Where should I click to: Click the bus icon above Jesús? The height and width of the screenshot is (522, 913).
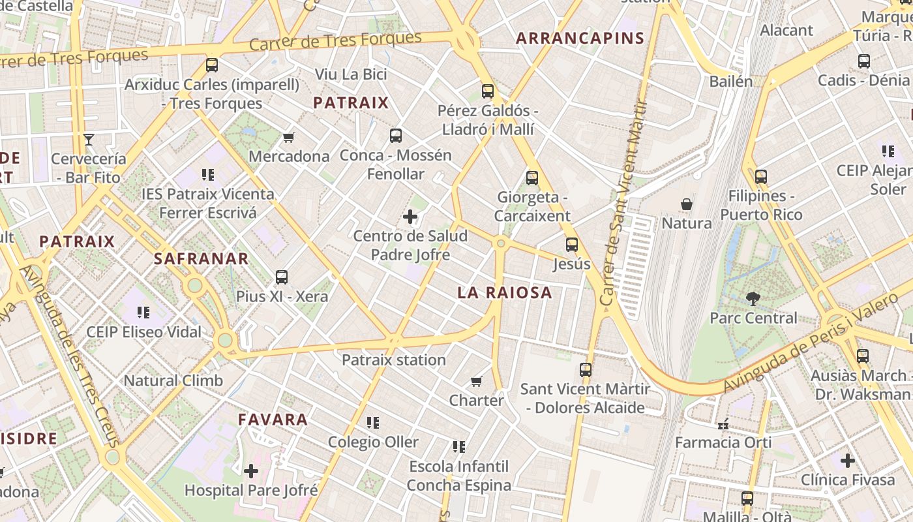click(572, 245)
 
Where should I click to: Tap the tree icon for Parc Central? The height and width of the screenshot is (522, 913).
click(753, 299)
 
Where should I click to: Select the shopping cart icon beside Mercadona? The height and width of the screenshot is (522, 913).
click(289, 137)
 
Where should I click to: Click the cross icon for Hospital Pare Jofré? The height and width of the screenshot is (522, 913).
click(251, 470)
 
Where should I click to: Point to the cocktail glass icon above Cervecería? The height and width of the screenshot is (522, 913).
click(89, 139)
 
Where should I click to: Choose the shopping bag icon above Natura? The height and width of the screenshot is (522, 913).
click(687, 204)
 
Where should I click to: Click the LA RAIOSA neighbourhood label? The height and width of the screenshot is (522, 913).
click(505, 293)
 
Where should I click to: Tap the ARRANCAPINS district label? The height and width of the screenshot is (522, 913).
click(580, 38)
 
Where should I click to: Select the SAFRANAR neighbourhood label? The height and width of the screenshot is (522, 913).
click(202, 259)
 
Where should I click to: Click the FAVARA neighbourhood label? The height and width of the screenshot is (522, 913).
click(273, 420)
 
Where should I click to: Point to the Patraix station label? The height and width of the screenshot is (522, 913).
click(394, 360)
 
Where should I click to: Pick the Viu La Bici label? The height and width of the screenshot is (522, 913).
click(351, 74)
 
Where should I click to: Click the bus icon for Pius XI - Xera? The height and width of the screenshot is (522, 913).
click(282, 277)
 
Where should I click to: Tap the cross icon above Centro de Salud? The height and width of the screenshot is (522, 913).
click(410, 217)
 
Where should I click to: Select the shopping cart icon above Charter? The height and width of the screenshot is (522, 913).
click(477, 381)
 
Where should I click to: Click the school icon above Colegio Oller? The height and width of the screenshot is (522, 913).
click(373, 423)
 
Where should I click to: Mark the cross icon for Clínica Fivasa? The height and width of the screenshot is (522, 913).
click(848, 461)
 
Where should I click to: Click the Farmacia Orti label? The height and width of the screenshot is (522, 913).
click(723, 442)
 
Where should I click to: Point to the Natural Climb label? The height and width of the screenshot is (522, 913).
click(173, 380)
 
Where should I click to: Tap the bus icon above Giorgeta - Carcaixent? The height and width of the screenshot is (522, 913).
click(532, 177)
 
